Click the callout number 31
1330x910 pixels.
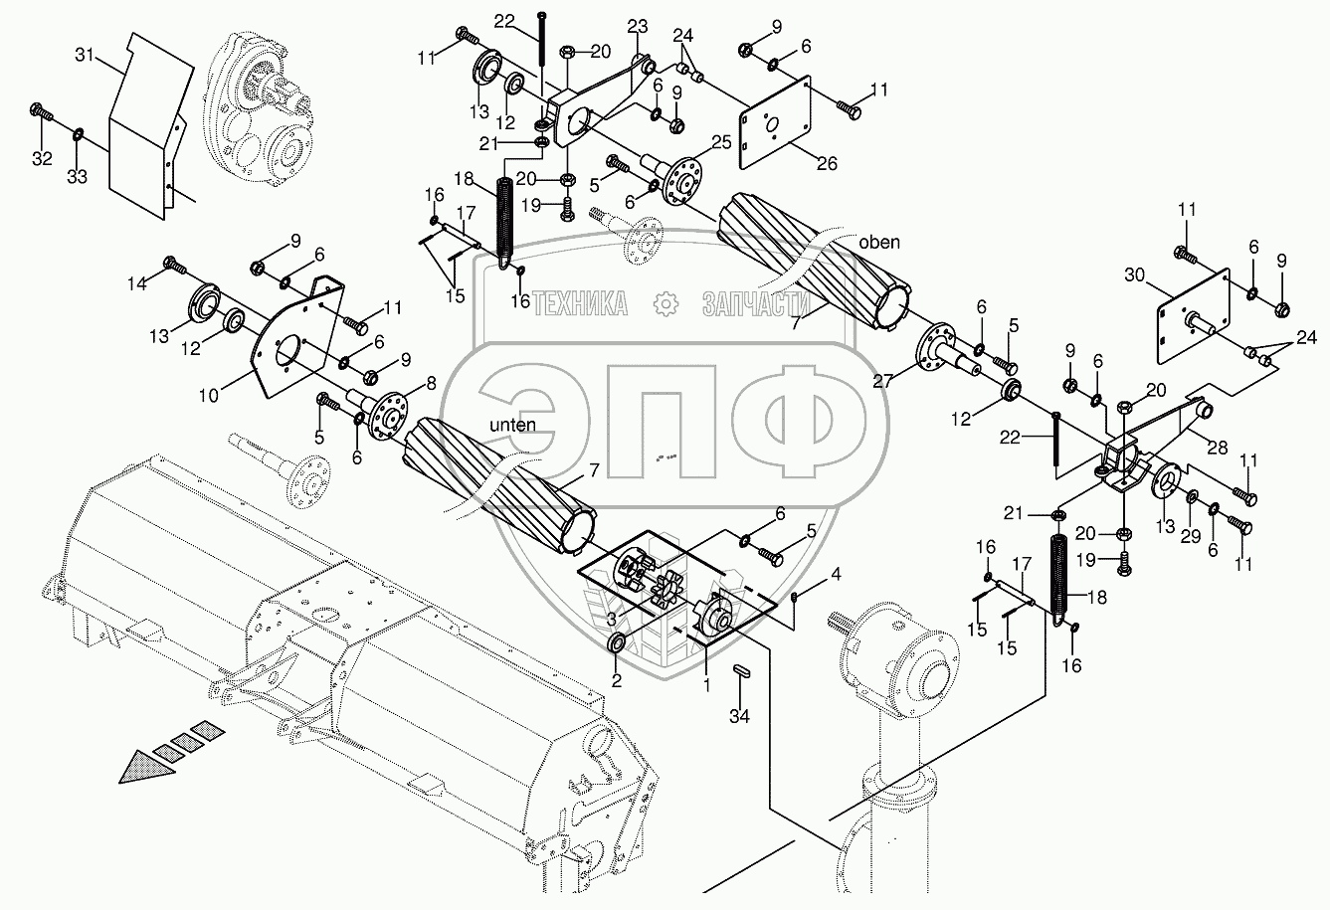[x=86, y=56]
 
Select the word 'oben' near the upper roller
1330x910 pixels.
[x=880, y=243]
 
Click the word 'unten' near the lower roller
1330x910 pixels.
[x=512, y=425]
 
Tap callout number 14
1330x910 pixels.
[x=135, y=284]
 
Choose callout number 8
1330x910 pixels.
[x=430, y=382]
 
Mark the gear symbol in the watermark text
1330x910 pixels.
[x=665, y=303]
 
